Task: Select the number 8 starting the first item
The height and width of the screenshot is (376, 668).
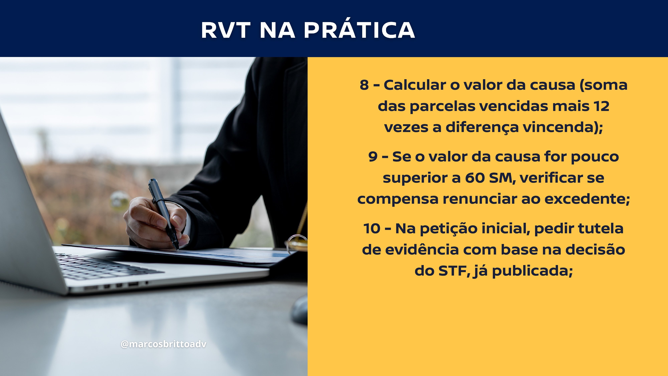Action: (x=364, y=85)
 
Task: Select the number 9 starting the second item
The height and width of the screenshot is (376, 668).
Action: (x=373, y=157)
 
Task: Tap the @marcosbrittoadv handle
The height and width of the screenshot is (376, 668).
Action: (x=164, y=344)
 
